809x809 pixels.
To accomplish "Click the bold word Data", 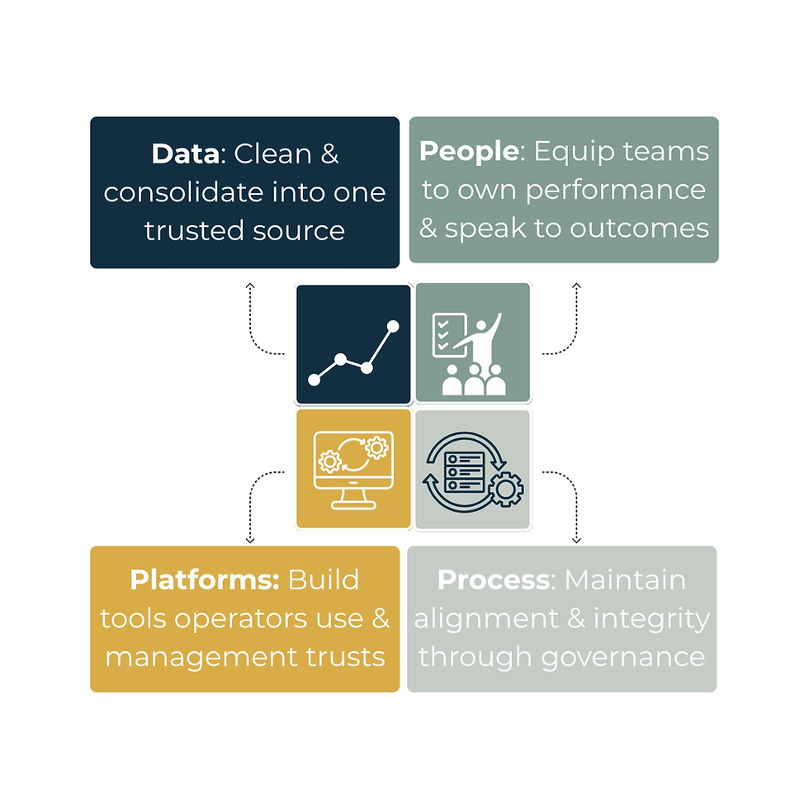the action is [x=186, y=154].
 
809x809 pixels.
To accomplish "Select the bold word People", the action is [x=469, y=151].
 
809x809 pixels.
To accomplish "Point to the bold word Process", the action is [x=494, y=580].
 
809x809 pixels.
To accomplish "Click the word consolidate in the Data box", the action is [x=183, y=192].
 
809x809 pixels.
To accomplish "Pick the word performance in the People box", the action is [x=616, y=191].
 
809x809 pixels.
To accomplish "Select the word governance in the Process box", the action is [x=623, y=658].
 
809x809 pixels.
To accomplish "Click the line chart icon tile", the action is [x=353, y=344].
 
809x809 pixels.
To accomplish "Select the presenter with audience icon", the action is [x=469, y=353].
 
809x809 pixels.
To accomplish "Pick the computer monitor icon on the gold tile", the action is [x=353, y=470].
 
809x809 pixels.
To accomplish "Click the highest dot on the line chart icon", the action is [x=393, y=326].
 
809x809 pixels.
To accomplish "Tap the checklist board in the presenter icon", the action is [x=449, y=335].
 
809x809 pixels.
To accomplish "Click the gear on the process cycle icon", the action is [x=505, y=490].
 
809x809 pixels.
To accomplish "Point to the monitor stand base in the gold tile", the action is [x=353, y=505].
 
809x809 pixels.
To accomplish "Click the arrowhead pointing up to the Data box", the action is [x=250, y=286].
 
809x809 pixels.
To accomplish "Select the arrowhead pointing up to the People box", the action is [x=576, y=286].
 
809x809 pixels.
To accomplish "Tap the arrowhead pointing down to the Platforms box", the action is [x=250, y=540].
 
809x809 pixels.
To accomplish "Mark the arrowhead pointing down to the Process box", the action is [x=576, y=540].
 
